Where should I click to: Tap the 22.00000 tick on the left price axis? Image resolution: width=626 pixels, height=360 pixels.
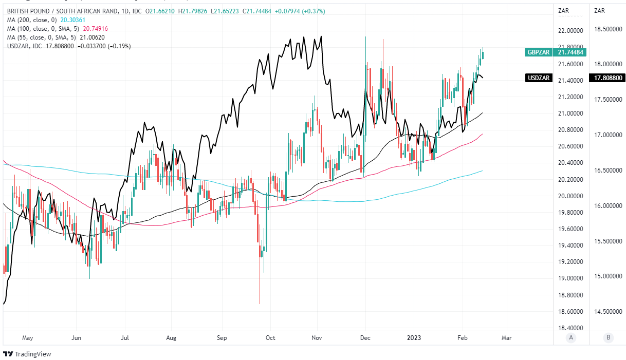click(x=571, y=31)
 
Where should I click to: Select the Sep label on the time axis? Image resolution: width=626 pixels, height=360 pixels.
click(x=222, y=338)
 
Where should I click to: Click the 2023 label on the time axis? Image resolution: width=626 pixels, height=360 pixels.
click(x=414, y=338)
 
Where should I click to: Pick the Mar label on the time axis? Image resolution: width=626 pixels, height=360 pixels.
click(x=507, y=338)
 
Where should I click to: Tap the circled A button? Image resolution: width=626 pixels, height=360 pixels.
click(x=571, y=337)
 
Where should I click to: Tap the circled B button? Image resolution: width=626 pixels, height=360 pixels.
click(x=608, y=337)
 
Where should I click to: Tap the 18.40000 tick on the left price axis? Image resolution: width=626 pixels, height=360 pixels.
click(x=571, y=328)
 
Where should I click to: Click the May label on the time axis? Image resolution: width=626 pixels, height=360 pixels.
click(x=28, y=338)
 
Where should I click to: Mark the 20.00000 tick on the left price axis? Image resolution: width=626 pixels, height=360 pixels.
click(x=571, y=196)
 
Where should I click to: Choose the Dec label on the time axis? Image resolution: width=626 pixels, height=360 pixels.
click(x=365, y=338)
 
